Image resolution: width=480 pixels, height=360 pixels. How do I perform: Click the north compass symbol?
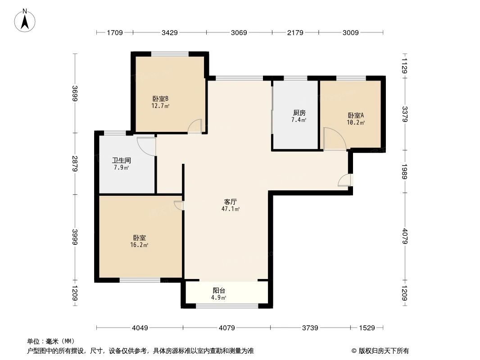[26, 20]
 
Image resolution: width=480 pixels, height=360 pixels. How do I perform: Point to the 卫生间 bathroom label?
[121, 160]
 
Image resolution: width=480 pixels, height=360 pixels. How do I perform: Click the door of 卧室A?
[333, 139]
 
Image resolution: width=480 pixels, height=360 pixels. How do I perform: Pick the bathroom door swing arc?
[146, 146]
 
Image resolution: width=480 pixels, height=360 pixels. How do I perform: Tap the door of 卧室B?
[195, 126]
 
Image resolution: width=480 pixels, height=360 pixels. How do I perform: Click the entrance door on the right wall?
[346, 180]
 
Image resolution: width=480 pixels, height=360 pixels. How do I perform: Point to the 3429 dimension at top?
[170, 32]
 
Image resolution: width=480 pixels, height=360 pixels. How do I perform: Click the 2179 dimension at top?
[295, 32]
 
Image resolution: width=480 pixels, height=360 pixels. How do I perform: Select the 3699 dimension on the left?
[75, 93]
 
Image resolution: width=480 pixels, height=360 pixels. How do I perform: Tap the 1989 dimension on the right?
[405, 171]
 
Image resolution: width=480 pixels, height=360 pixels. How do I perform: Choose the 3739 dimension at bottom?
[310, 328]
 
